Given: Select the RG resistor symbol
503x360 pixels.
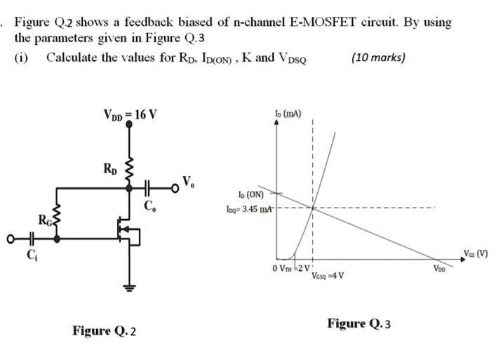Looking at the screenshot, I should coord(58,222).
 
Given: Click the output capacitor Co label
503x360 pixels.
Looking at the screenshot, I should coord(148,206).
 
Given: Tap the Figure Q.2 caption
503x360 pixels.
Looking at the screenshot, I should coord(105,330).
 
